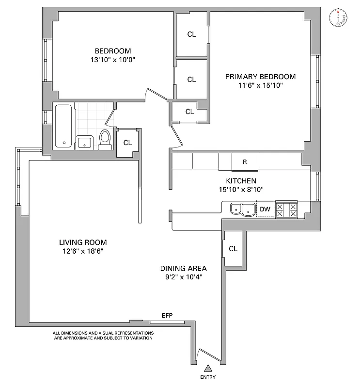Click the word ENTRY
point(208,378)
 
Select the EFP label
point(167,315)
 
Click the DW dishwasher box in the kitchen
point(265,209)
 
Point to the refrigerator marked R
point(245,162)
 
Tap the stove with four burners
point(287,210)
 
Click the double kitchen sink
point(242,210)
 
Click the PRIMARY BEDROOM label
point(260,77)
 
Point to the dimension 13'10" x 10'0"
point(113,60)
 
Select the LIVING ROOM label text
point(83,242)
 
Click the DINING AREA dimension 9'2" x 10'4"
point(184,277)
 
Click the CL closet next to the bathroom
point(127,143)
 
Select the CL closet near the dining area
point(233,249)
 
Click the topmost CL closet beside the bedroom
point(191,34)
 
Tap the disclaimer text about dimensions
point(103,336)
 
